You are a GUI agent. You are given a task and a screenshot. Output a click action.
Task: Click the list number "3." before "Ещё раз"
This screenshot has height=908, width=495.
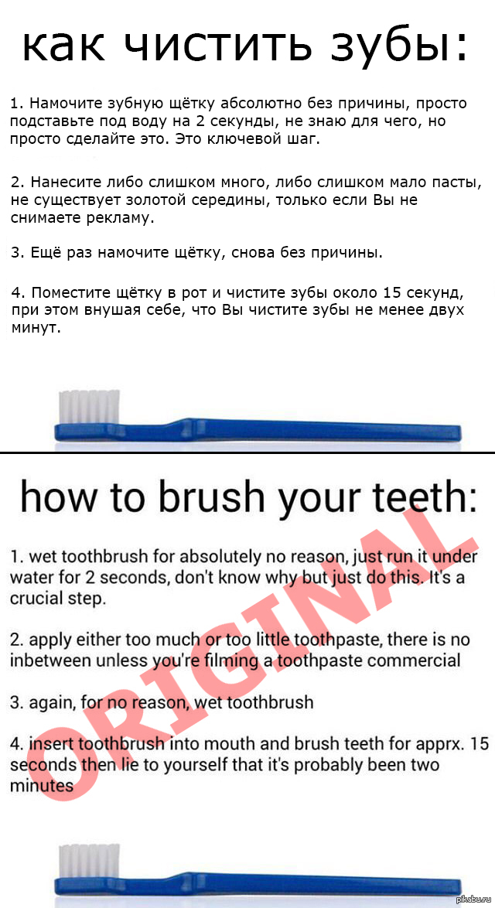coord(17,253)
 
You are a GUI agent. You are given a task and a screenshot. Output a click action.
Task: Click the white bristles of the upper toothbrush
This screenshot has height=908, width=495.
coord(90,407)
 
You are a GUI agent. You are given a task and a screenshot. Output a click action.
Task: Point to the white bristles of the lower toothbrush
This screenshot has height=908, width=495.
coord(90,861)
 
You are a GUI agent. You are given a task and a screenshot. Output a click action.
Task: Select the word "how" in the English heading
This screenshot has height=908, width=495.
coord(58,496)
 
